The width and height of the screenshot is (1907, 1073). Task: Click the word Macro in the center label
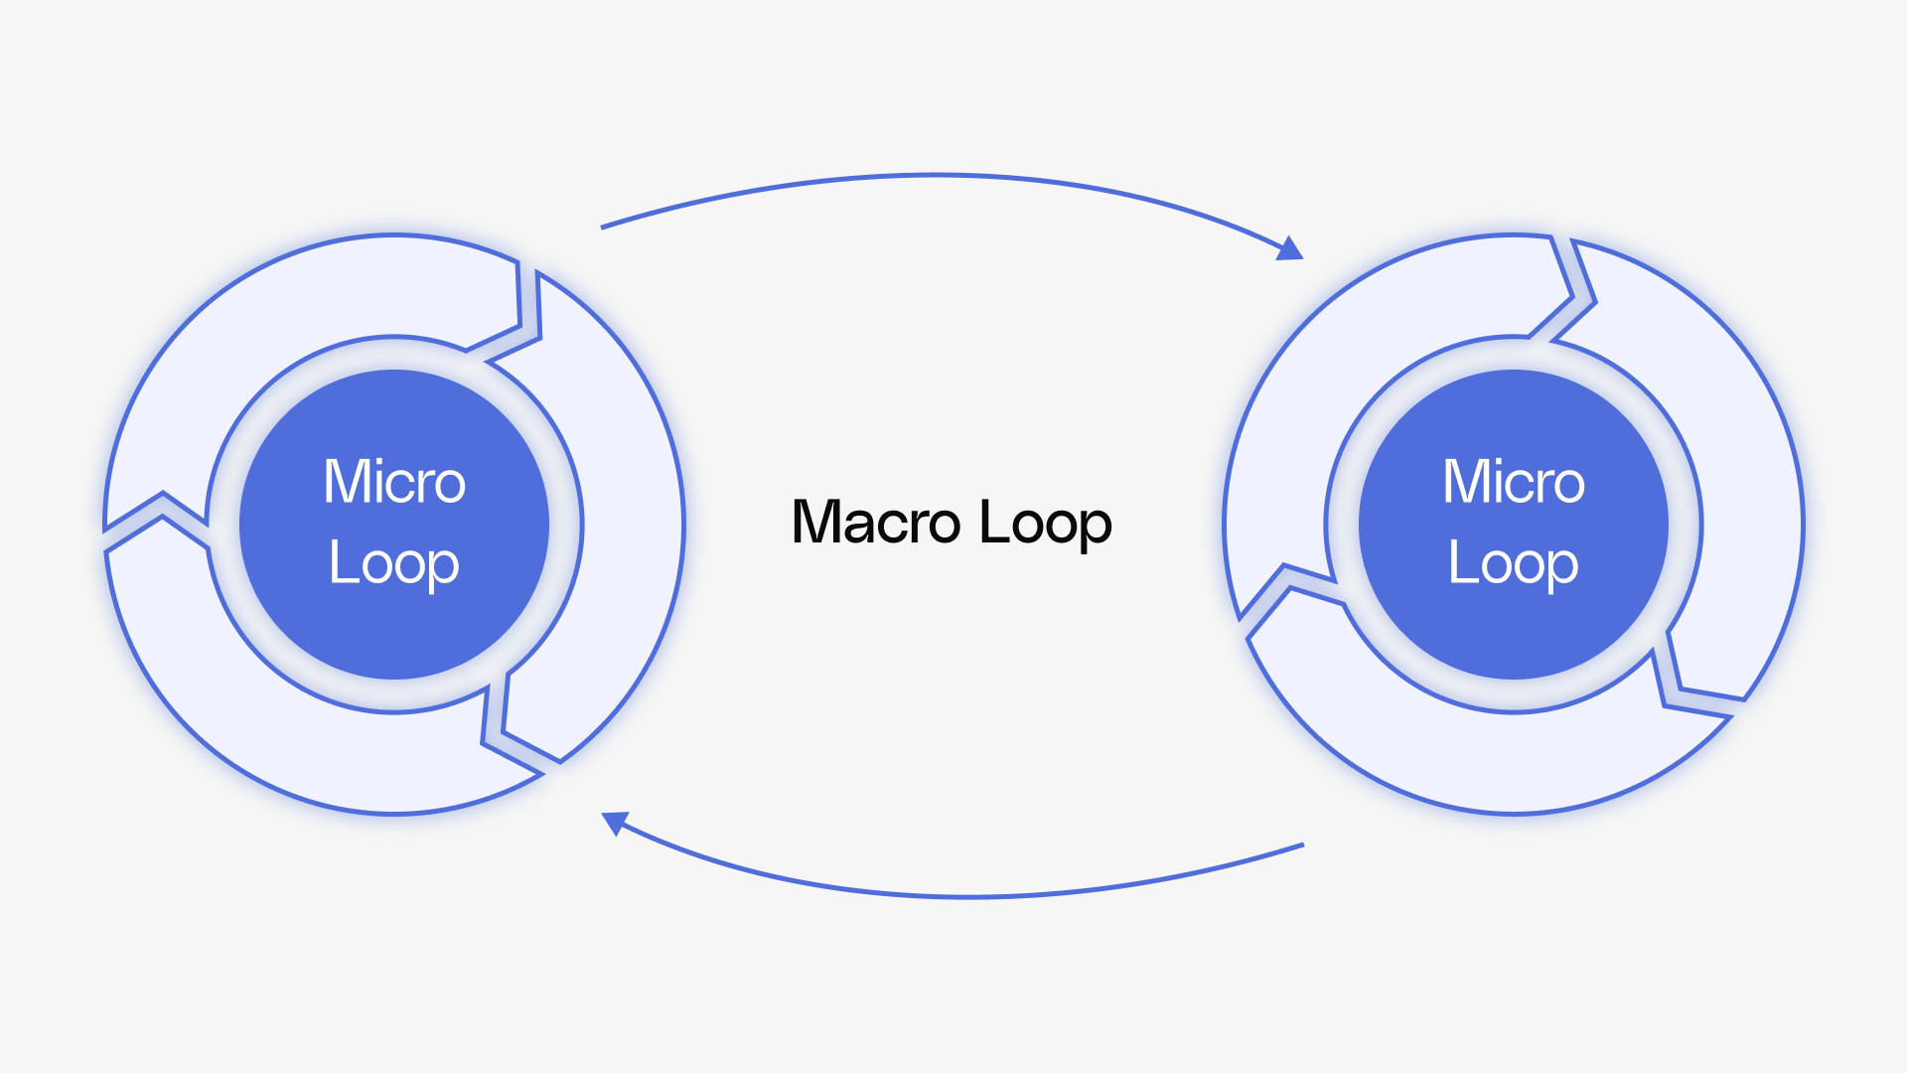click(x=875, y=523)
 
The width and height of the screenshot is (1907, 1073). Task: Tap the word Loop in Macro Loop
click(x=1045, y=523)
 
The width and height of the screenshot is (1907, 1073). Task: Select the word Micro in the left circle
click(x=394, y=482)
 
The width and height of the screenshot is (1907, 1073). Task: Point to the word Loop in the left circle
click(x=394, y=563)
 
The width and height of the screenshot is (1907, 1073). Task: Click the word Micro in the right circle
click(x=1514, y=482)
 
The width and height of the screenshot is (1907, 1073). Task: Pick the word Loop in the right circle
click(x=1514, y=563)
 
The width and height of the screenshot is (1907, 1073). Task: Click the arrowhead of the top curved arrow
click(x=1291, y=248)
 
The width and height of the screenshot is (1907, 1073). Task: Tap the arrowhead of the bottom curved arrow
click(x=615, y=822)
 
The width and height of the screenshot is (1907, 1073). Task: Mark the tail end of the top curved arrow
click(x=603, y=228)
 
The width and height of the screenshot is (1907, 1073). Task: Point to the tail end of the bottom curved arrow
click(x=1301, y=845)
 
